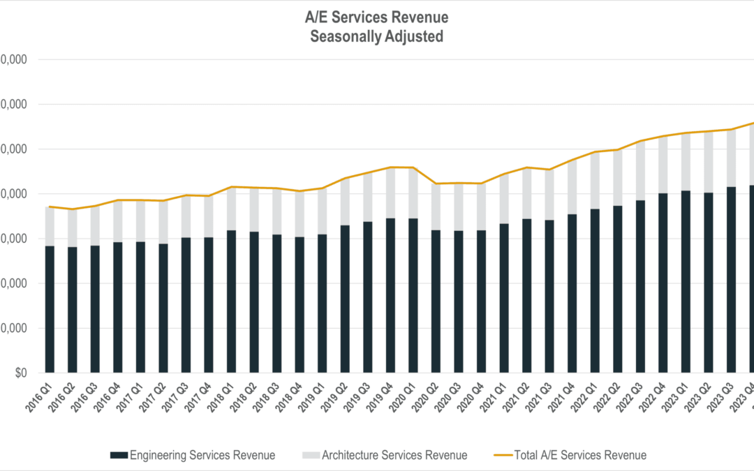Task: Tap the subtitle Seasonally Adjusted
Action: [x=377, y=37]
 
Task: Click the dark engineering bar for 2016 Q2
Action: [x=72, y=310]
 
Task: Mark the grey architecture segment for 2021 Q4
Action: [x=572, y=187]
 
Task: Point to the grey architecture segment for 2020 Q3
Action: [x=459, y=207]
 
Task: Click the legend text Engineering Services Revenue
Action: [x=202, y=455]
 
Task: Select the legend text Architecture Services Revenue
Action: [x=394, y=455]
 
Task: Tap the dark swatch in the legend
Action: [x=119, y=455]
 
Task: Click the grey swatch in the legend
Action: [x=311, y=455]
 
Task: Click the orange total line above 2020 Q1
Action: [x=413, y=167]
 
